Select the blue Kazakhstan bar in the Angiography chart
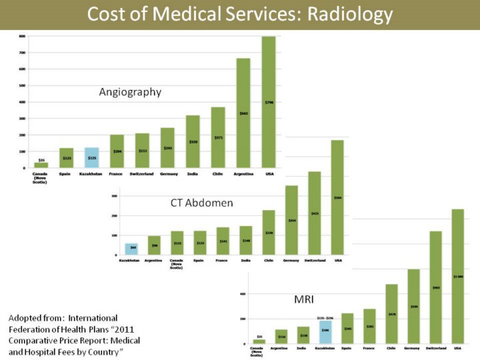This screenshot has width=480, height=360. [x=91, y=157]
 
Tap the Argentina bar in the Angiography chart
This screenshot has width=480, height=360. [x=243, y=113]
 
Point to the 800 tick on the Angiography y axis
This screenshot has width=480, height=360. [x=22, y=36]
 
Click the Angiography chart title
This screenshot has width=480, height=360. [x=130, y=92]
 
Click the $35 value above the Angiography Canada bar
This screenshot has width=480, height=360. [x=41, y=160]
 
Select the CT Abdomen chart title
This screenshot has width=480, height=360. [x=201, y=203]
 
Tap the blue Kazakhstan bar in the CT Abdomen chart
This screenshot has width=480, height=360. [x=132, y=249]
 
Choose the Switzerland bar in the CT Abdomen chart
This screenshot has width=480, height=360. [x=314, y=213]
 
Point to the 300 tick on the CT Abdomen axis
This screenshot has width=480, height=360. [x=114, y=196]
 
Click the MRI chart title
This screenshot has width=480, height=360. [x=304, y=299]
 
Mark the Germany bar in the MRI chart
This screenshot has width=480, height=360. [x=413, y=306]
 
